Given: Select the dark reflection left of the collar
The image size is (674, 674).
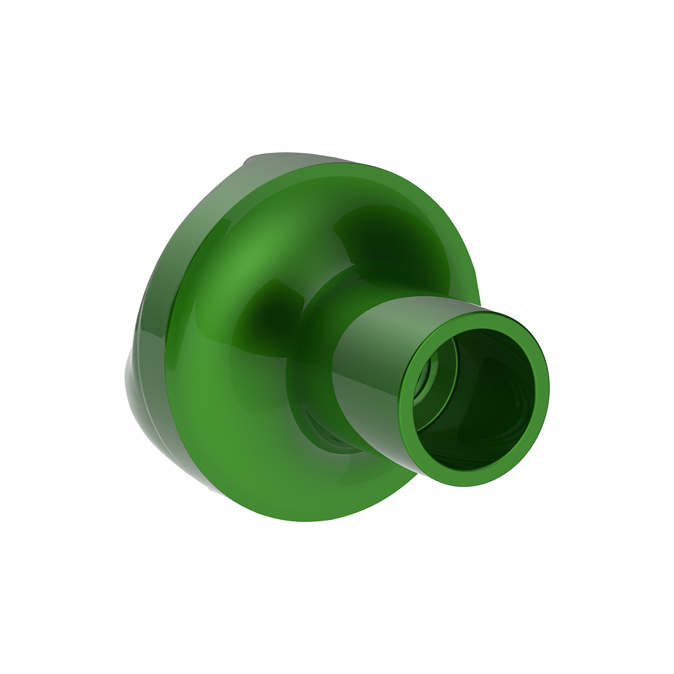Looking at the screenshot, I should point(275,303).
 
